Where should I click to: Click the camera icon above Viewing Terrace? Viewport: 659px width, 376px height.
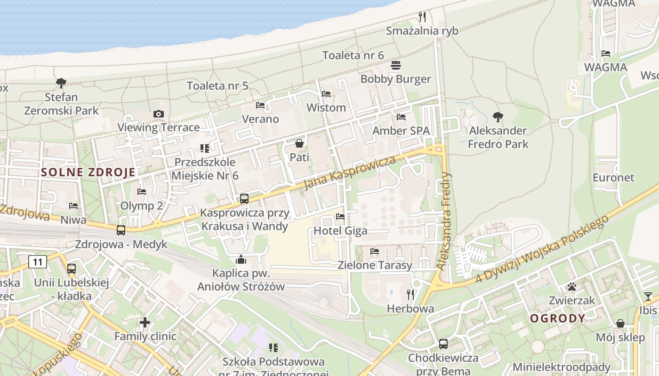pos(159,114)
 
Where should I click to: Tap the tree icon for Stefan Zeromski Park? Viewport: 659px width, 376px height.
pos(61,83)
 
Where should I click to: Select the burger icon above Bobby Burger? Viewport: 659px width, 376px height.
pos(396,65)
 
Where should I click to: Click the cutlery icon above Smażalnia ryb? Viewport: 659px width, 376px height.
pos(422,17)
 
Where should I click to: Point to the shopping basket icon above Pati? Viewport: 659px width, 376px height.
pos(299,143)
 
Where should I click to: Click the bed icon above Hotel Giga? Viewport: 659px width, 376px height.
pos(340,217)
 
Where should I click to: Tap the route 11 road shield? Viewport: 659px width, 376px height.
pos(38,262)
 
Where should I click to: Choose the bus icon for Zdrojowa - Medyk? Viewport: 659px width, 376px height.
pos(121,230)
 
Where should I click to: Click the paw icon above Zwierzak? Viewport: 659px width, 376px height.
pos(572,286)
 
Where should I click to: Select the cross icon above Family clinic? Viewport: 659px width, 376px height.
pos(145,322)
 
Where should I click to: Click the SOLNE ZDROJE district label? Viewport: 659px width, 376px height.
pos(88,172)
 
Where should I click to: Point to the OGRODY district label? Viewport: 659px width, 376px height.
pos(558,318)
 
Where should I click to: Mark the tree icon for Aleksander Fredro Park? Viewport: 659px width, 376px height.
pos(498,117)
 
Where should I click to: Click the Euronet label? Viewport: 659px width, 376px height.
pos(613,178)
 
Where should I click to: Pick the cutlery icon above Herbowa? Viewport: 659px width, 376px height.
pos(410,295)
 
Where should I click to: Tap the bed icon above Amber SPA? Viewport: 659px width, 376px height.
pos(401,117)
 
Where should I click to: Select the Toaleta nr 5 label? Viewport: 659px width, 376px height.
pos(217,86)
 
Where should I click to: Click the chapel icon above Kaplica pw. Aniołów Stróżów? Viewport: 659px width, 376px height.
pos(241,259)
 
